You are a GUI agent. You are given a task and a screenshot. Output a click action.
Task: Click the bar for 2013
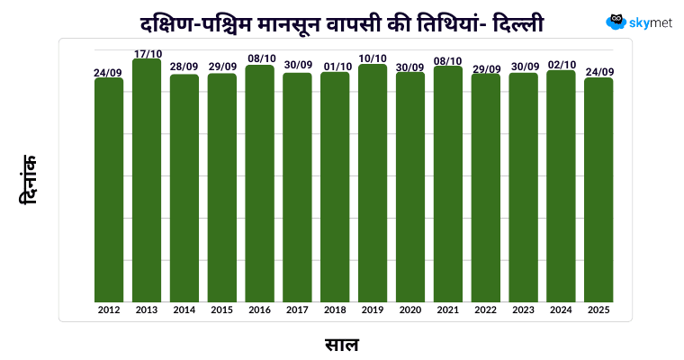coord(147,180)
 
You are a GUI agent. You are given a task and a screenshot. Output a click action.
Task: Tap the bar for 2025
coord(598,190)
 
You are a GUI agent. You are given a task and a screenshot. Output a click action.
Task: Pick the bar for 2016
coord(260,184)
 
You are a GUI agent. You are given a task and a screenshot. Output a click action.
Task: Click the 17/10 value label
coord(147,54)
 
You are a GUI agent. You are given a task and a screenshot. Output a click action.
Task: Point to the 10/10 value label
coord(373,59)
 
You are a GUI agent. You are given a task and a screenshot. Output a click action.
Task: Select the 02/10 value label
coord(561,65)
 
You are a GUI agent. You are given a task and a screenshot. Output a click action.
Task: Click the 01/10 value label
coord(335,67)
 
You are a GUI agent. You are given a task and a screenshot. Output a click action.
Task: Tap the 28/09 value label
coord(184,67)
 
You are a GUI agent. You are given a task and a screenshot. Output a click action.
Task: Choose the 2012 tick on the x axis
coord(109,310)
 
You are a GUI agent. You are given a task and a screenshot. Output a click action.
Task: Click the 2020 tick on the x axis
coord(410,310)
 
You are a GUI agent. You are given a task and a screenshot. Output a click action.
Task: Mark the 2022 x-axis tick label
coord(486,310)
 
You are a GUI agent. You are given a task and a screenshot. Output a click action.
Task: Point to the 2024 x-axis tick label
coord(561,310)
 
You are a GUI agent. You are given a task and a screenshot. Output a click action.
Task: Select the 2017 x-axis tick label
coord(297,310)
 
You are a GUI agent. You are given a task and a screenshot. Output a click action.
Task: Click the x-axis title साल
coord(342,343)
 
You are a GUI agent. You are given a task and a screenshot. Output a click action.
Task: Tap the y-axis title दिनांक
coord(30,179)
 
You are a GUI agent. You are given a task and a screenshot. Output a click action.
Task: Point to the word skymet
coord(652,22)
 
